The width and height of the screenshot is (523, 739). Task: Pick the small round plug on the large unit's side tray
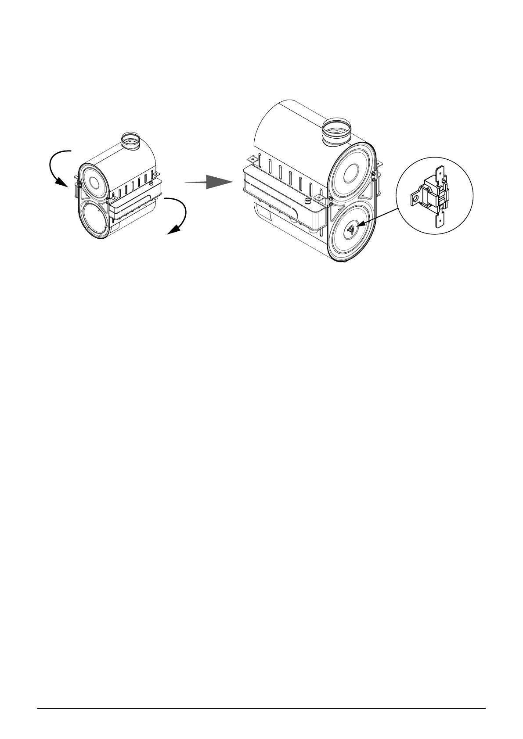click(x=308, y=201)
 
